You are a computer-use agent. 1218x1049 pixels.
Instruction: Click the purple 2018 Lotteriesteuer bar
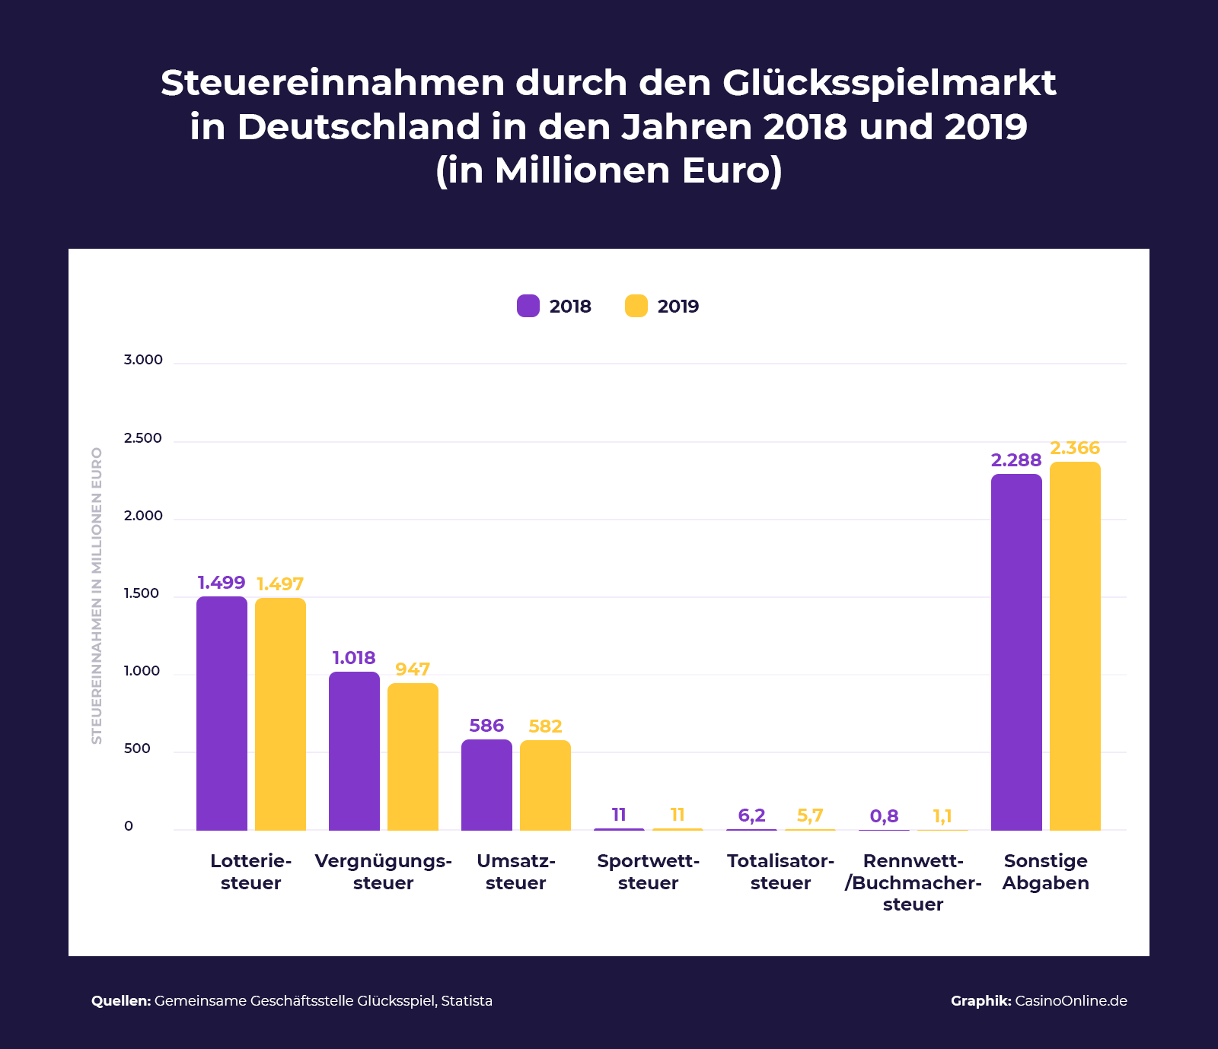[222, 714]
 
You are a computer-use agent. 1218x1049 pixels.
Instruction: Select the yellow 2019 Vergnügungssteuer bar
[413, 757]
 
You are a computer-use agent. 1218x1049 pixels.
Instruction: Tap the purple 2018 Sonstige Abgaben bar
[1016, 652]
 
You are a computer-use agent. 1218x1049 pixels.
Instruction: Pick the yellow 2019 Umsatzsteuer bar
[545, 785]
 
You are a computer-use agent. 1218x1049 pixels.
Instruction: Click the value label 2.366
[1075, 448]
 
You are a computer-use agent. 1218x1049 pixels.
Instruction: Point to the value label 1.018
[354, 658]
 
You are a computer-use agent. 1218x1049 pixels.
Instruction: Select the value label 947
[413, 669]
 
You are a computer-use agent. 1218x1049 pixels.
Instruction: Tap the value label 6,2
[751, 815]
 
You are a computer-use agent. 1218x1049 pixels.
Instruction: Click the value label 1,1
[942, 816]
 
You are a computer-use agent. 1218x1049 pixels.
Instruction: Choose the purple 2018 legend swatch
[528, 306]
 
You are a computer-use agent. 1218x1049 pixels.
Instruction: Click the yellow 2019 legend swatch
[636, 306]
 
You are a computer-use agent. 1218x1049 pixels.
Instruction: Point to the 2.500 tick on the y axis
[143, 438]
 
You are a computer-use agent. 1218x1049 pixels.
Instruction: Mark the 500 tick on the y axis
[138, 749]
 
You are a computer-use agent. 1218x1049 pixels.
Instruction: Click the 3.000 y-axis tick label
[143, 360]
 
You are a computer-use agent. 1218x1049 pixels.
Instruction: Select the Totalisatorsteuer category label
[780, 872]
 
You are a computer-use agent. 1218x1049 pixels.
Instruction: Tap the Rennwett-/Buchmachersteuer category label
[913, 882]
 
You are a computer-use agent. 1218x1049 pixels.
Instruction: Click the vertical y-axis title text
[97, 596]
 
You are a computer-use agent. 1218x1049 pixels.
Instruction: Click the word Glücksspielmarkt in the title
[889, 83]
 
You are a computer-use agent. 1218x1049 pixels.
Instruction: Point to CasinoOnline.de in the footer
[1071, 1001]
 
